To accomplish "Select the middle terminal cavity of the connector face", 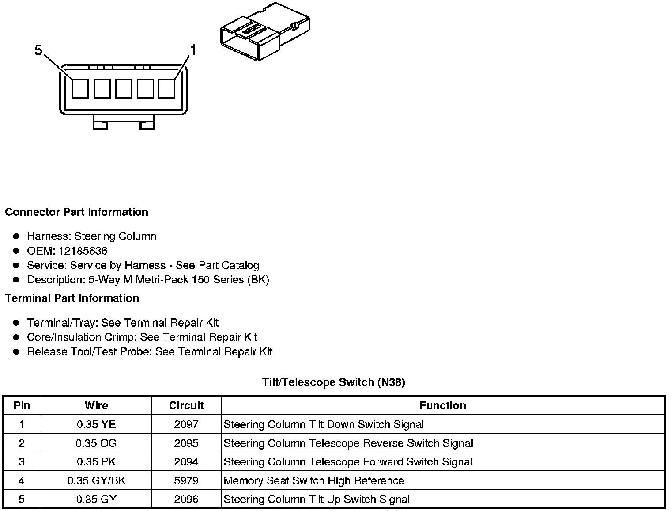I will point(123,88).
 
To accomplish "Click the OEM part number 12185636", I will point(83,251).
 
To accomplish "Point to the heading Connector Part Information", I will point(76,212).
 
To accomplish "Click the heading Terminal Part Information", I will point(72,298).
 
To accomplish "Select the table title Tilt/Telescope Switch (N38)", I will point(333,382).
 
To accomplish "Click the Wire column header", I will point(96,406).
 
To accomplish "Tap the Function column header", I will point(442,406).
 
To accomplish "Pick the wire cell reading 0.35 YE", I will point(96,425).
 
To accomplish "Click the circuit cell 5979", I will point(186,481).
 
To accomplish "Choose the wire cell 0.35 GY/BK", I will point(96,481).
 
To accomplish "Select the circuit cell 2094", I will point(186,462).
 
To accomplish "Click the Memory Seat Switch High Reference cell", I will point(314,481).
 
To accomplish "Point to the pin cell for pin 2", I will point(22,443).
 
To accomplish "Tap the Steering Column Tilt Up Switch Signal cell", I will point(317,500).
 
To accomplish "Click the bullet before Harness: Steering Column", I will point(16,236).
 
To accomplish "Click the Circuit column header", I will point(186,406).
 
